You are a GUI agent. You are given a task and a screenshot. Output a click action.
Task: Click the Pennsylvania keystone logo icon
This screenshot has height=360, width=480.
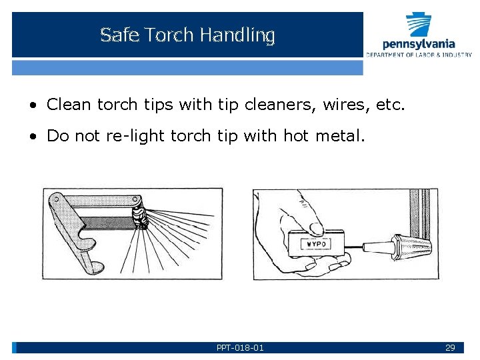pyautogui.click(x=419, y=25)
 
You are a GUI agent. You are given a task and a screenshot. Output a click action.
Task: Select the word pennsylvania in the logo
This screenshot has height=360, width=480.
pyautogui.click(x=419, y=45)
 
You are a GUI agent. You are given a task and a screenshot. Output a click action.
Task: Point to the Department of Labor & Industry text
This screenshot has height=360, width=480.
pyautogui.click(x=419, y=55)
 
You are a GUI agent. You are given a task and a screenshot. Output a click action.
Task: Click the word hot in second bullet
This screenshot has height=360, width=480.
pyautogui.click(x=296, y=136)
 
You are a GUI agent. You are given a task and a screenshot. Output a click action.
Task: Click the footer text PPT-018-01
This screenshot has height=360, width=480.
pyautogui.click(x=240, y=348)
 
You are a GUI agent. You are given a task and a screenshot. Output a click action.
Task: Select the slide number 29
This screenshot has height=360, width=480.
pyautogui.click(x=450, y=348)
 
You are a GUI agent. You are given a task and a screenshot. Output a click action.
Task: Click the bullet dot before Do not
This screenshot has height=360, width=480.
pyautogui.click(x=32, y=137)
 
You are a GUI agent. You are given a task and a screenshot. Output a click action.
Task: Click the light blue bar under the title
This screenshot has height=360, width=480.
pyautogui.click(x=187, y=67)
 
